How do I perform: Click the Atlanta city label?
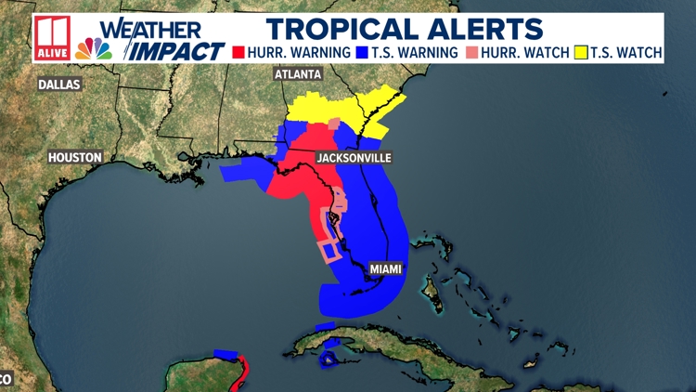point(297,73)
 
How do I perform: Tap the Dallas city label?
point(59,85)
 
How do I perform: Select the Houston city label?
point(75,157)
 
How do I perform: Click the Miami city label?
point(386,269)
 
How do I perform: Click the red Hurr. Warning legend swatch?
point(238,52)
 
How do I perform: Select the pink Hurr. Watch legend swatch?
point(474,52)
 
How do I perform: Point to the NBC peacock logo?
point(93,49)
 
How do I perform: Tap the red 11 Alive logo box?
point(51,38)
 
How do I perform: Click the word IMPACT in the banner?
point(177,51)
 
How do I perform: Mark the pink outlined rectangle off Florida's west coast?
point(327,249)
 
